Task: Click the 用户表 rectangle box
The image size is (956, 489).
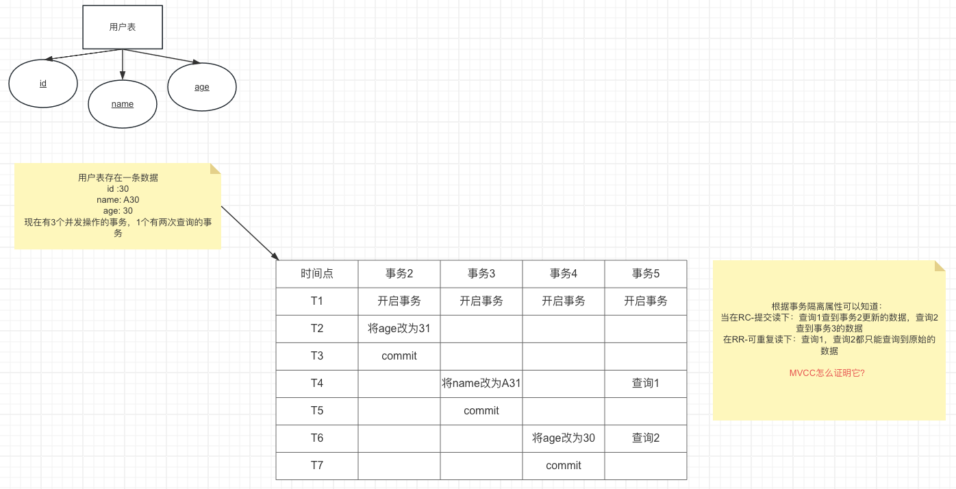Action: click(x=123, y=27)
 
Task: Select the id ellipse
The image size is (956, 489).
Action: click(x=43, y=84)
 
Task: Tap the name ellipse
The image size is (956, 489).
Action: click(x=123, y=104)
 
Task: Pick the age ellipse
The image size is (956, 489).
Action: click(x=202, y=87)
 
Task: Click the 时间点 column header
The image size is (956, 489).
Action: click(x=317, y=274)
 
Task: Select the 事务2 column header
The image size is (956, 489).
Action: click(x=399, y=274)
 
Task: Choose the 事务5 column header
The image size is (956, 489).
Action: click(x=646, y=274)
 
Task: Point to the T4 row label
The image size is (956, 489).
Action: click(x=317, y=384)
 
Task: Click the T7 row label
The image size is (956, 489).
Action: click(x=317, y=466)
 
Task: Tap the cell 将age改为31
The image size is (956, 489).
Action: click(x=399, y=329)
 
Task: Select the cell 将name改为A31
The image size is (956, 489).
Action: click(x=481, y=384)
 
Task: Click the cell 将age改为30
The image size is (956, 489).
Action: click(x=564, y=438)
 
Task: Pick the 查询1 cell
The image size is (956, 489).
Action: click(x=646, y=384)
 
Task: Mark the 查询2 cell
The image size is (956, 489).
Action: click(x=646, y=438)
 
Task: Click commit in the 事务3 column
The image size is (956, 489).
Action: click(x=481, y=411)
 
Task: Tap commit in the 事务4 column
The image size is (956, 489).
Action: click(x=564, y=466)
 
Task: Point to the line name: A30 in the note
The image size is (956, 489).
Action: click(x=118, y=200)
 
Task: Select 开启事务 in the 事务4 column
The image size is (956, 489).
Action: click(x=564, y=301)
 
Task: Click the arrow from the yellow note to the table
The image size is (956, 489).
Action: click(x=250, y=233)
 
